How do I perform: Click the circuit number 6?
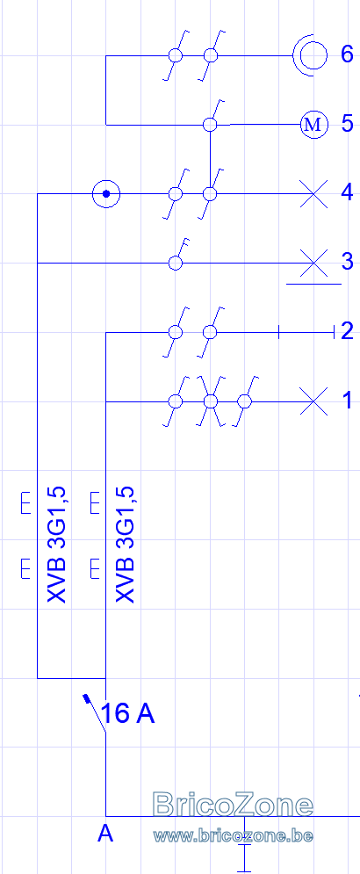[347, 54]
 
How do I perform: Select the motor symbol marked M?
[313, 125]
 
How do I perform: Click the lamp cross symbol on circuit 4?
[313, 193]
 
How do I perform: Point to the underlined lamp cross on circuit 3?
[313, 264]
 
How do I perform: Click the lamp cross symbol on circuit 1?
[313, 401]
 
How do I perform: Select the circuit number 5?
[347, 124]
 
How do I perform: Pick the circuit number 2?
[347, 331]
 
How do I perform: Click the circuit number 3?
[347, 262]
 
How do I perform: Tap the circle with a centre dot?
[106, 194]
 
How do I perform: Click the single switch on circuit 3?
[177, 256]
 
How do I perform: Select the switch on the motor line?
[212, 117]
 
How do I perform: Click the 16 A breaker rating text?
[128, 713]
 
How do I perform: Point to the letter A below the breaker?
[105, 834]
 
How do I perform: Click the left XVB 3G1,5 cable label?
[57, 545]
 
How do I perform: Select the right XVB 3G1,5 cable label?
[126, 545]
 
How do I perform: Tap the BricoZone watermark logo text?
[233, 805]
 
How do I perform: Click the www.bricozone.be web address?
[233, 835]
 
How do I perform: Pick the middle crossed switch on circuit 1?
[210, 401]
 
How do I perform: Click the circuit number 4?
[347, 193]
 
